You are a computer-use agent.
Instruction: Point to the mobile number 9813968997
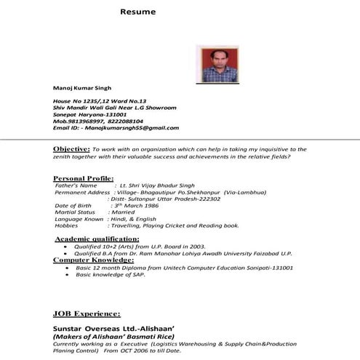point(81,121)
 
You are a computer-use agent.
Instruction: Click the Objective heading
point(71,148)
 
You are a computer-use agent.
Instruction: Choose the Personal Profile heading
point(84,178)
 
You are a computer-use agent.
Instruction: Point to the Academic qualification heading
point(97,239)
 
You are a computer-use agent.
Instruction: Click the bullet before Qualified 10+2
point(66,247)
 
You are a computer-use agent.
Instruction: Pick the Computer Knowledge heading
point(92,260)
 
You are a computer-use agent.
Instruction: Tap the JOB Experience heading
point(87,313)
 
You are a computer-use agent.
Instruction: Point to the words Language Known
point(79,219)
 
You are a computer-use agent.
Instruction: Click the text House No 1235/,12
point(79,100)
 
